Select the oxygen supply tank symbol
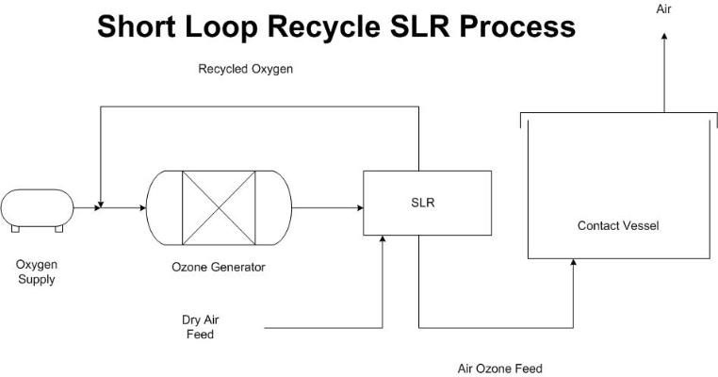pyautogui.click(x=37, y=207)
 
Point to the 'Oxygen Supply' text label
pyautogui.click(x=37, y=271)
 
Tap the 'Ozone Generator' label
pyautogui.click(x=220, y=267)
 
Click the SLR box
pyautogui.click(x=427, y=203)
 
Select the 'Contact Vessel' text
pyautogui.click(x=618, y=226)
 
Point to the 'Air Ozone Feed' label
pyautogui.click(x=499, y=369)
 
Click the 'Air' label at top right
pyautogui.click(x=664, y=8)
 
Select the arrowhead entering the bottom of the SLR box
pyautogui.click(x=383, y=240)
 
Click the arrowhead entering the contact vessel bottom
pyautogui.click(x=573, y=265)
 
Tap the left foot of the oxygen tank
pyautogui.click(x=14, y=228)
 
